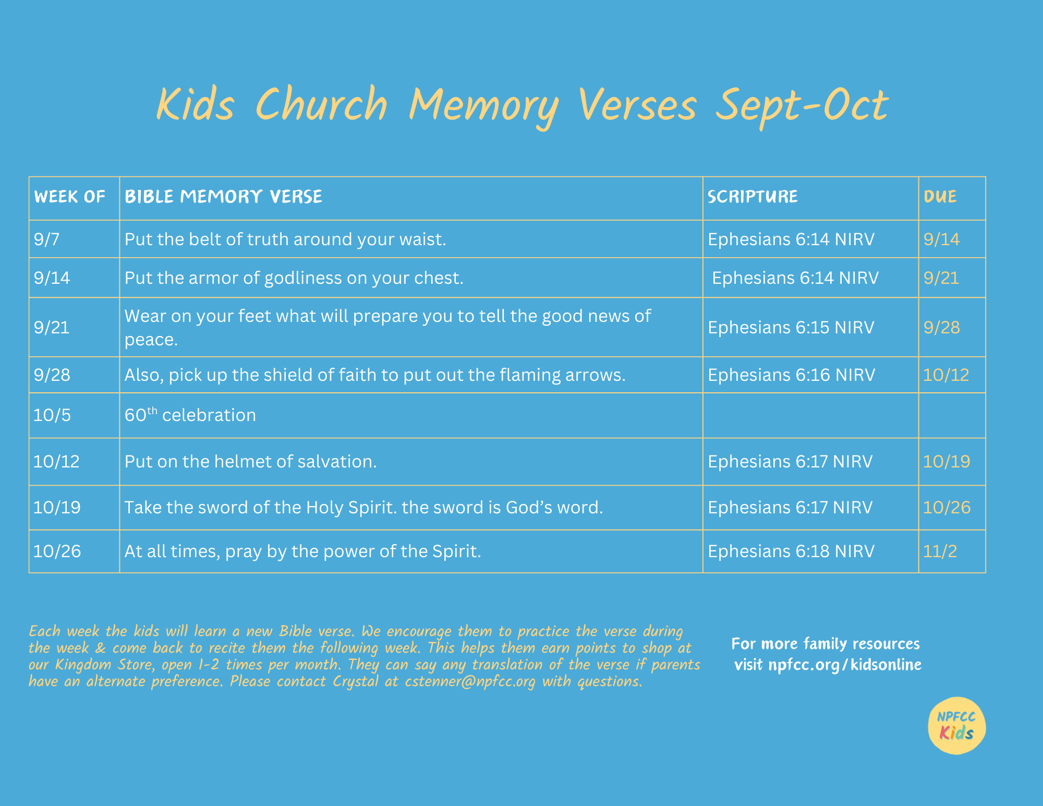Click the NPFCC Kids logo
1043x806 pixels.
[x=957, y=726]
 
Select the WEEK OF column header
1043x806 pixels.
[x=70, y=197]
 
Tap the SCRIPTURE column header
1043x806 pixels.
[x=753, y=197]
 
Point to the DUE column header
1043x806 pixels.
[x=940, y=197]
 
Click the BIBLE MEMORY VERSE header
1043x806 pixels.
[x=223, y=197]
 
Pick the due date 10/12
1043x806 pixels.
[x=946, y=375]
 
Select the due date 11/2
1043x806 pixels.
[x=940, y=551]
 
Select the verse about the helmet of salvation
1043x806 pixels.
[x=250, y=461]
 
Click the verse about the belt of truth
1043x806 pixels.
[x=285, y=239]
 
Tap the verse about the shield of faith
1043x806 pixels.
[x=375, y=375]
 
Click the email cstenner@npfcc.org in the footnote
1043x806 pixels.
[x=470, y=681]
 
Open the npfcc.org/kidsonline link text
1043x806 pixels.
[x=845, y=665]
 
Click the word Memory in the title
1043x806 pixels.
[x=483, y=106]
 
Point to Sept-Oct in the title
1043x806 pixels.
[x=802, y=106]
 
